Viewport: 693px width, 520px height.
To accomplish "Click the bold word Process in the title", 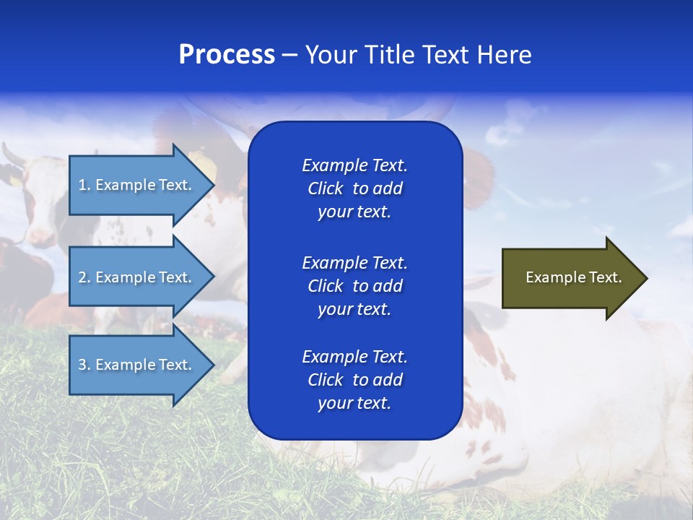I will coord(227,55).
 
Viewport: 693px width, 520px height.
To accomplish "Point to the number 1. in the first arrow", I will coord(84,185).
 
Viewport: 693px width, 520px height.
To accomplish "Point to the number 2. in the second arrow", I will coord(84,277).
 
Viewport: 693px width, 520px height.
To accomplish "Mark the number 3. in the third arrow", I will coord(84,365).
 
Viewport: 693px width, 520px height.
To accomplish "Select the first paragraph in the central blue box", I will coord(354,188).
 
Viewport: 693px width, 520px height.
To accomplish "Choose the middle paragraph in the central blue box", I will coord(354,285).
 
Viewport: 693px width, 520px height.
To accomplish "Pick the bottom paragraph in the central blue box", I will coord(354,380).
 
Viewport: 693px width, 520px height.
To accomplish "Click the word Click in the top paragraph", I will coord(325,188).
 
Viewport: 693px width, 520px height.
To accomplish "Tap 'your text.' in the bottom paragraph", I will coord(354,404).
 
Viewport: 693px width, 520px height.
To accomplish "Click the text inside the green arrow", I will coord(573,277).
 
